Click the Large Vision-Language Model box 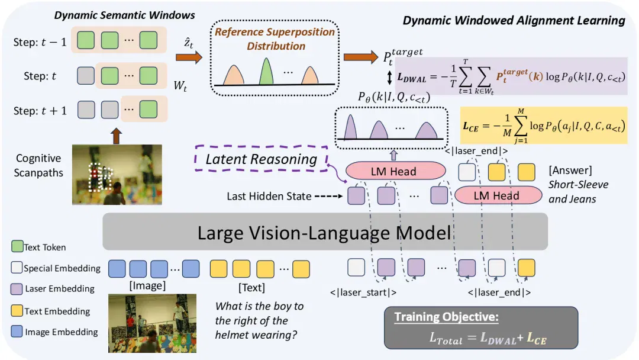[x=325, y=232]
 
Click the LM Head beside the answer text [x=498, y=195]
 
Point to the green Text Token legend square [x=17, y=246]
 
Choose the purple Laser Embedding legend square [x=17, y=289]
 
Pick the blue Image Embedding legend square [x=17, y=331]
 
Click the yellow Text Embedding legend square [x=17, y=311]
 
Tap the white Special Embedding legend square [x=17, y=268]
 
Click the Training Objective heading [x=446, y=317]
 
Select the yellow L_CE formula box [x=544, y=126]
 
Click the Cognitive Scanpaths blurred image [x=117, y=175]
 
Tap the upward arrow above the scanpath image [x=116, y=136]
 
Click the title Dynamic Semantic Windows [x=124, y=15]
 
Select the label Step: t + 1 [x=40, y=111]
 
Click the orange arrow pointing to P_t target [x=361, y=57]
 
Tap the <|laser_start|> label [x=363, y=292]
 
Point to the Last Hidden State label [x=269, y=196]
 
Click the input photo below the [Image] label [x=153, y=323]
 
